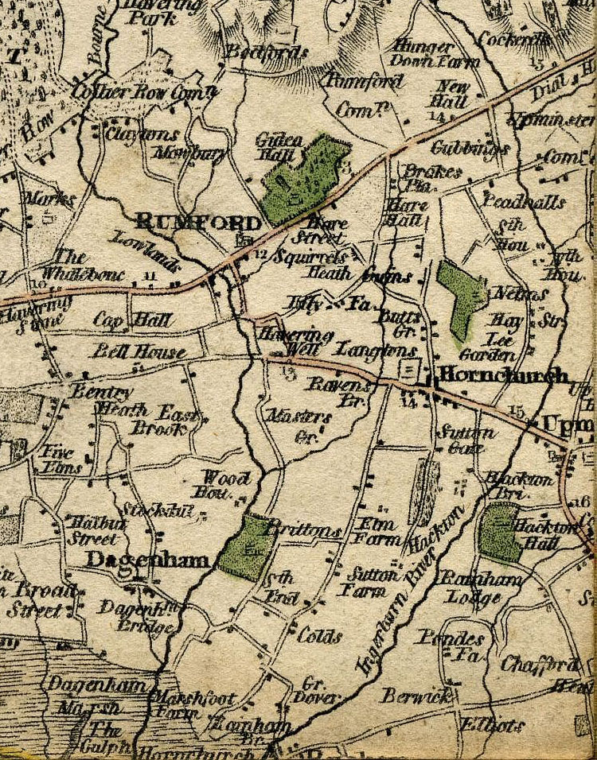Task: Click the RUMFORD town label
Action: coord(197,222)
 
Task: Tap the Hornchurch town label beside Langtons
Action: coord(503,375)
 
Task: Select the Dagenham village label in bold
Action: coord(147,560)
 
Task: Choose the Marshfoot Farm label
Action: coord(193,706)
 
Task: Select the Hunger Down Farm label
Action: coord(435,54)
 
